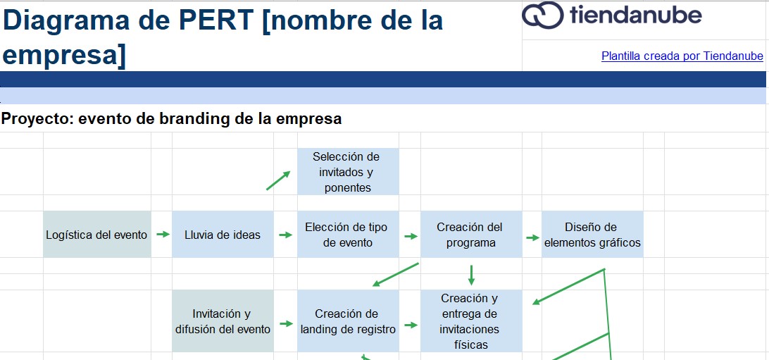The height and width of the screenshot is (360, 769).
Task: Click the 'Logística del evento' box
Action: click(x=96, y=235)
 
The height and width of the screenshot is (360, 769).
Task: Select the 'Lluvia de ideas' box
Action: click(x=223, y=235)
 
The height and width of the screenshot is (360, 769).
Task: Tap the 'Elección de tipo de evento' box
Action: click(x=347, y=235)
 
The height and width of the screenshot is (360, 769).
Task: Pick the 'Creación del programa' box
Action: click(x=470, y=235)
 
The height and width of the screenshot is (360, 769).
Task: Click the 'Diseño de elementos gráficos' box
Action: click(x=592, y=235)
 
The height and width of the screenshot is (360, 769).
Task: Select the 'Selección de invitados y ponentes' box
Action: click(x=347, y=172)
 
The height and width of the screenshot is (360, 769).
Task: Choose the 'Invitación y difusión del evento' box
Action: click(x=223, y=321)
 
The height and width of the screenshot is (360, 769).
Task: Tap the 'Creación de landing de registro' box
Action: click(x=347, y=321)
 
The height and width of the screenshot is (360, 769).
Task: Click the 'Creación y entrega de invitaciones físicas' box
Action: click(x=470, y=321)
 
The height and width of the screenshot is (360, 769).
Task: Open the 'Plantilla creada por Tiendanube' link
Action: click(x=682, y=56)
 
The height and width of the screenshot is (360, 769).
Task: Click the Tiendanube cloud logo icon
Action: click(x=542, y=15)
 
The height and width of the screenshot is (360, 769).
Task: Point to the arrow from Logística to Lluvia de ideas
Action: click(x=162, y=235)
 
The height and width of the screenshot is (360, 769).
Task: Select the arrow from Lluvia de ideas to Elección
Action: click(x=285, y=235)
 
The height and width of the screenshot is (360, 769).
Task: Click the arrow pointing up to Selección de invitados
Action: click(x=278, y=180)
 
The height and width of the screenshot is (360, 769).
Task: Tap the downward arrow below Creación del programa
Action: click(x=471, y=274)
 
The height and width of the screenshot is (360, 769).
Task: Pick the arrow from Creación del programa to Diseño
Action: click(x=532, y=235)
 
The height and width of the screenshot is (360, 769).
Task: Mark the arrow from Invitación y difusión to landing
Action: click(x=285, y=323)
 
